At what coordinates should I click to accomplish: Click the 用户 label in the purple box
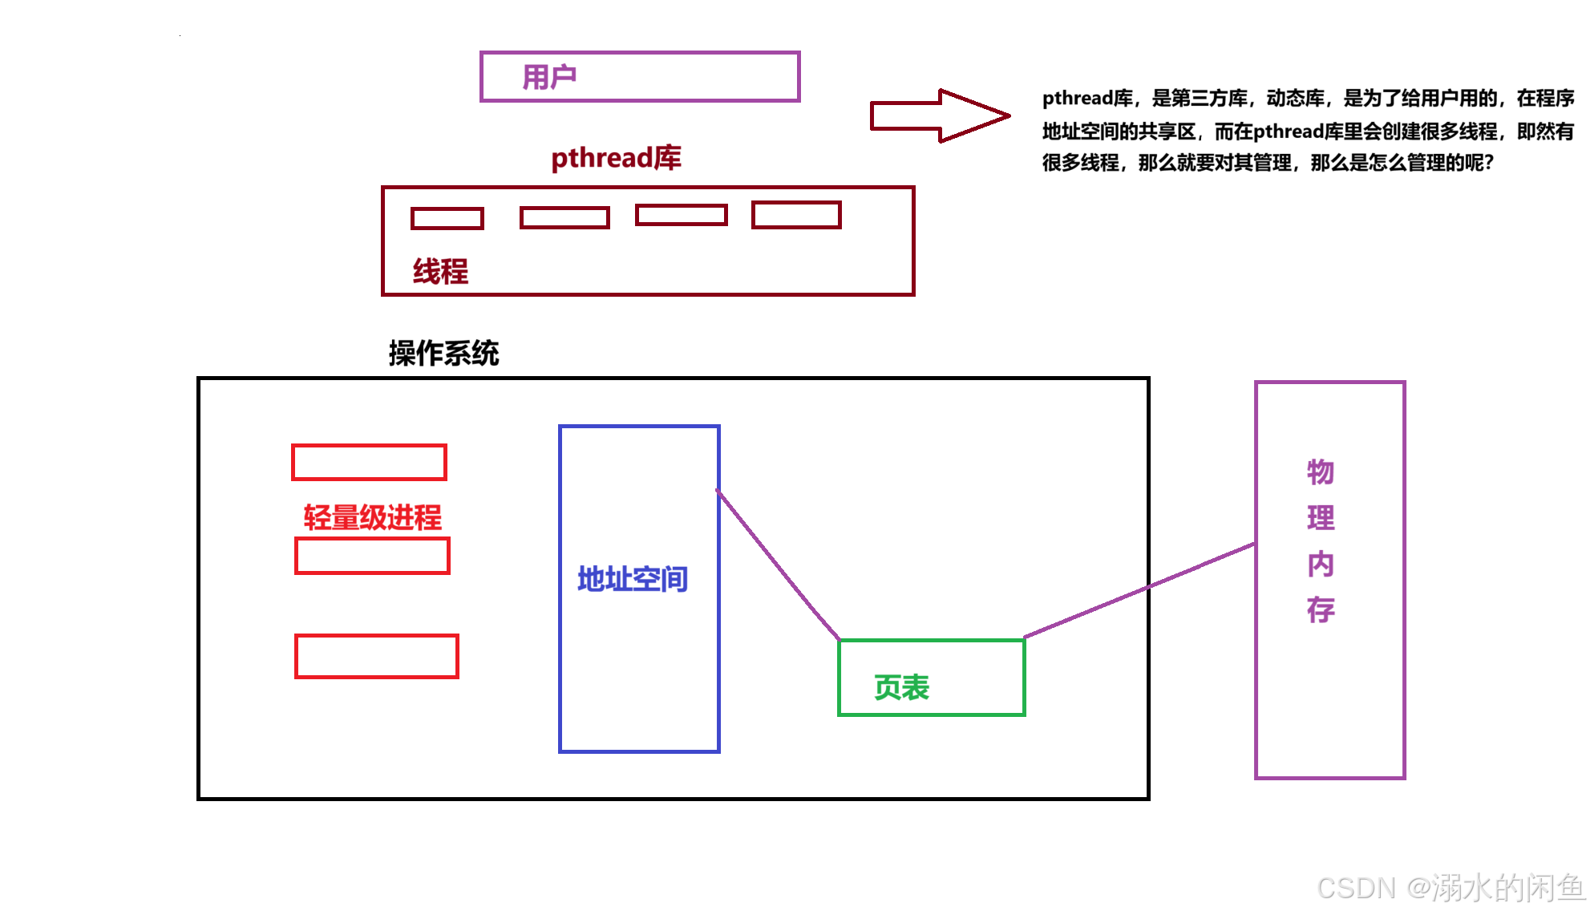[x=549, y=77]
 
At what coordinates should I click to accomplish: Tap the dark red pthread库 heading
[x=616, y=158]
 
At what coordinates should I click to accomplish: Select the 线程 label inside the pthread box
[x=440, y=271]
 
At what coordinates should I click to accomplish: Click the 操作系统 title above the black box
[x=443, y=353]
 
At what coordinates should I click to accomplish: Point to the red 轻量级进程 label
[x=372, y=517]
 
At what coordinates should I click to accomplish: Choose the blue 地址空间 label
[x=633, y=579]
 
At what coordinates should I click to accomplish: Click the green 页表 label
[x=901, y=687]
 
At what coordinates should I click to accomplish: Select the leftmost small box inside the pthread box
[x=447, y=218]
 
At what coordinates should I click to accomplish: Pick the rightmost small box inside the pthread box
[x=796, y=215]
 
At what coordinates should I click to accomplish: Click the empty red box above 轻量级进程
[x=369, y=463]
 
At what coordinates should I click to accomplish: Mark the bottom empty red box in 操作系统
[x=377, y=656]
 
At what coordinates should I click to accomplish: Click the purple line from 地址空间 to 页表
[x=778, y=565]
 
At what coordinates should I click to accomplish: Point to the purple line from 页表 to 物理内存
[x=1139, y=591]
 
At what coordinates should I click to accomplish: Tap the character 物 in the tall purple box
[x=1320, y=472]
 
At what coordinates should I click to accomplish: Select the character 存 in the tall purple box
[x=1320, y=609]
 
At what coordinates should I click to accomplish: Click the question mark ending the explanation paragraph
[x=1489, y=163]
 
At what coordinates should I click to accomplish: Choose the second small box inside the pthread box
[x=564, y=217]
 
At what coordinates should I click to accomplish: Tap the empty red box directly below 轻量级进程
[x=372, y=556]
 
